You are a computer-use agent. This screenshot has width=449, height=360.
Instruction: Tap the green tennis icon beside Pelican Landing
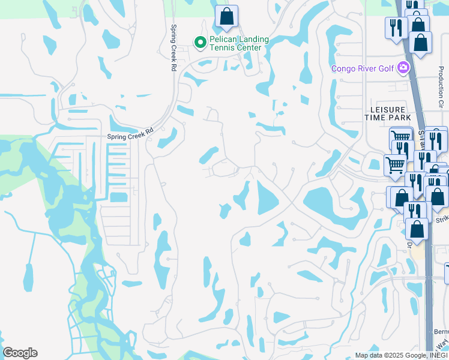coord(200,42)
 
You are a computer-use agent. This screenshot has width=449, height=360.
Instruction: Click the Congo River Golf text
coord(363,68)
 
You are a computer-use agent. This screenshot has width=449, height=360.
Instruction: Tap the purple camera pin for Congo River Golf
coord(403,68)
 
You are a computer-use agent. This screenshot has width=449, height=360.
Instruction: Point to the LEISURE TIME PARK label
coord(391,113)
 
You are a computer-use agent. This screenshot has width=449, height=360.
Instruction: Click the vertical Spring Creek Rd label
coord(172,48)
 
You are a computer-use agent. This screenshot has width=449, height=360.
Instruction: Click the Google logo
coord(20,352)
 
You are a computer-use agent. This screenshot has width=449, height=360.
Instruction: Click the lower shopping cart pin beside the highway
coord(394,163)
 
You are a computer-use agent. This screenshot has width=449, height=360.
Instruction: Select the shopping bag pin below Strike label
coord(417,228)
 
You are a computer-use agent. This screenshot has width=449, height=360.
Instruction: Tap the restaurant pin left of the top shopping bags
coord(397,27)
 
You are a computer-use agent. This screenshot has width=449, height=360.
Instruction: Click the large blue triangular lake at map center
coord(265,198)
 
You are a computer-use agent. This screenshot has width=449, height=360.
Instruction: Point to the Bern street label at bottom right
coord(441,331)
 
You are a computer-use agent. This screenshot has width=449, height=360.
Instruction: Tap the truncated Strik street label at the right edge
coord(442,220)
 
